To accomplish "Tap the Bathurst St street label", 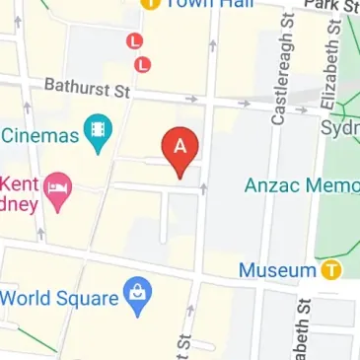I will click(x=87, y=91).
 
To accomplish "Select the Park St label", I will click(x=331, y=5).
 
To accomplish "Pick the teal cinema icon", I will click(x=97, y=133).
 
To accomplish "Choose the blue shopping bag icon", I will click(x=136, y=296).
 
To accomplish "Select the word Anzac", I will click(x=271, y=183).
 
